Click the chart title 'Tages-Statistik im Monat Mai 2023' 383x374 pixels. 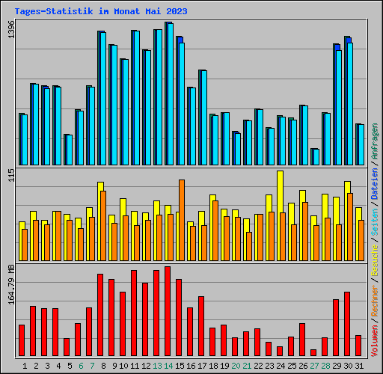[x=101, y=12]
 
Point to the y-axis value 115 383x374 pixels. [x=10, y=176]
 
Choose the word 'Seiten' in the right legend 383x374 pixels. [x=375, y=218]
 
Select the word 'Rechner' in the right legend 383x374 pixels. [x=375, y=289]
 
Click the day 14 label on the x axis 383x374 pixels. [x=168, y=366]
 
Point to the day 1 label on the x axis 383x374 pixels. [x=25, y=366]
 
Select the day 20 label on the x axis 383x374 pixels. [x=236, y=366]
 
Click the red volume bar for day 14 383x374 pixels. [x=168, y=311]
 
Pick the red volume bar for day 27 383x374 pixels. [x=313, y=352]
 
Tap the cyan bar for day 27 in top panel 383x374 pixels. [x=316, y=156]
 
